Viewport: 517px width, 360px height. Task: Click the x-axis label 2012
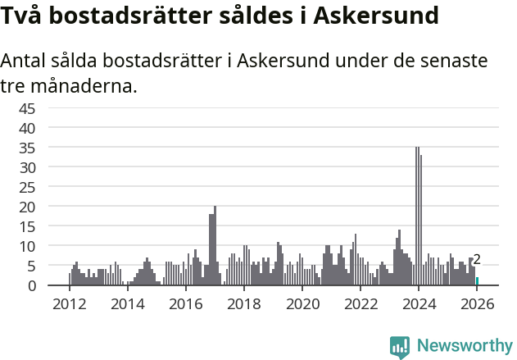click(x=69, y=304)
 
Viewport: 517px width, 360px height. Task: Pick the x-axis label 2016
click(x=186, y=304)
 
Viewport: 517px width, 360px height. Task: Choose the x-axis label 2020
click(x=302, y=304)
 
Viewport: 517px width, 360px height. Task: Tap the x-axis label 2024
click(x=419, y=304)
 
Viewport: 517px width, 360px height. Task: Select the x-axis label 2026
click(x=477, y=304)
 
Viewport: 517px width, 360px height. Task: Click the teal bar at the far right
click(x=477, y=281)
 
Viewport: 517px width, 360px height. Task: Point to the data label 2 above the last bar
click(x=477, y=260)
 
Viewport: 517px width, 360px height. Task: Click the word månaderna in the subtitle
click(x=81, y=85)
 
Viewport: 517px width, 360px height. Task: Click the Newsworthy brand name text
click(x=465, y=345)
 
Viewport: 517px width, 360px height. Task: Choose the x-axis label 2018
click(x=244, y=304)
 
